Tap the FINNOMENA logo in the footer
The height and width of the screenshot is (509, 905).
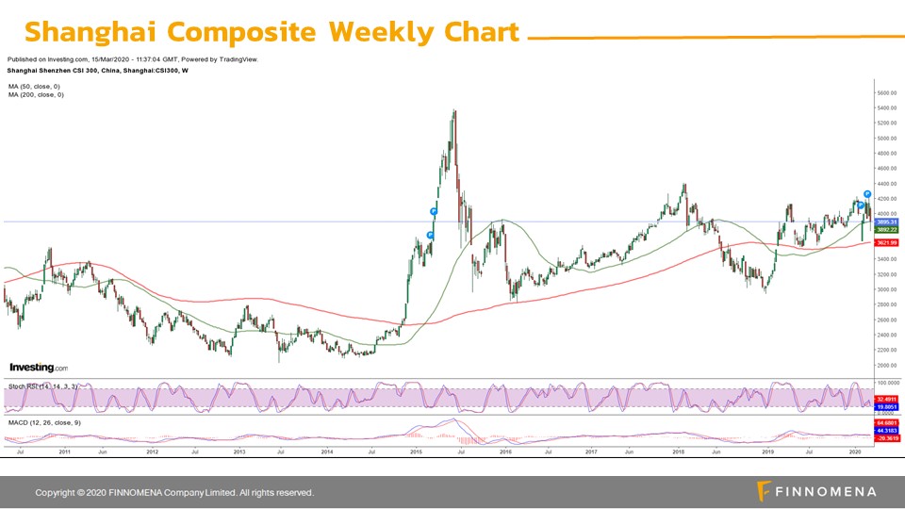(x=816, y=491)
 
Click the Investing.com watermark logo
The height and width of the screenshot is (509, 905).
(x=38, y=368)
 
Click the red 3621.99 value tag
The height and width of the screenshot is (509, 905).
(x=887, y=243)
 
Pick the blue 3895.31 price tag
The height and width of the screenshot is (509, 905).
(x=887, y=222)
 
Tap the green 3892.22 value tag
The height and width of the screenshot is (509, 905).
(x=887, y=229)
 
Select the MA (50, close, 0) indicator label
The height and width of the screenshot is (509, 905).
(x=35, y=87)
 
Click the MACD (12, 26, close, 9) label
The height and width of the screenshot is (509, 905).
(x=44, y=422)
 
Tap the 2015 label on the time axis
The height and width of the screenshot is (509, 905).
(x=416, y=452)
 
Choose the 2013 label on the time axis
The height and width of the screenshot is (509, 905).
(x=239, y=452)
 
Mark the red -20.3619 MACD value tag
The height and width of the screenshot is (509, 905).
(x=887, y=438)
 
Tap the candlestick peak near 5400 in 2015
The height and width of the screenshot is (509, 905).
(x=455, y=112)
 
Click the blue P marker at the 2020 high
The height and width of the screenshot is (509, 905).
(x=867, y=193)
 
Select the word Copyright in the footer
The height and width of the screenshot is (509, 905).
(x=55, y=493)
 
